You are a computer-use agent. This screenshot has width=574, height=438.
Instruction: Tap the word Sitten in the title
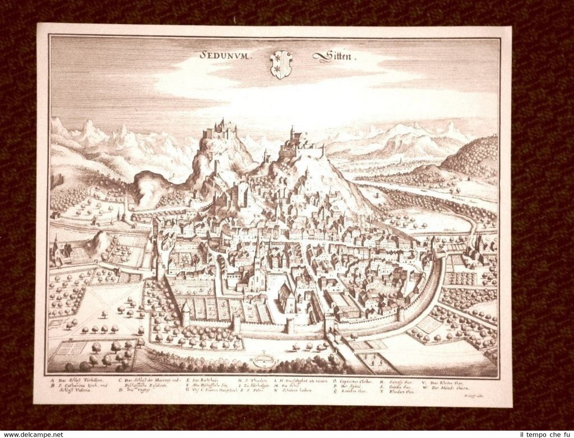point(326,57)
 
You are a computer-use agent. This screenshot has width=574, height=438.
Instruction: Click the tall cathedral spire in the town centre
point(256,251)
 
